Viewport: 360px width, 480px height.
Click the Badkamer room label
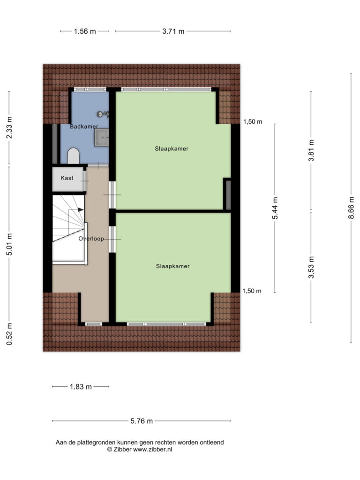click(84, 127)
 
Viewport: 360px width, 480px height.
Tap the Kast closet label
click(67, 178)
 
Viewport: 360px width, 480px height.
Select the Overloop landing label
click(91, 239)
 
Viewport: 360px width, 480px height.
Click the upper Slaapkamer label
click(172, 149)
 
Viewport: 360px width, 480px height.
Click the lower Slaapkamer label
click(172, 266)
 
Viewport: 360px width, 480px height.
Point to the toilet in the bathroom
click(74, 156)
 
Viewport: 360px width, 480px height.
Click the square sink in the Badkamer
click(102, 137)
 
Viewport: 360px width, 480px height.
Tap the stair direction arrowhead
click(81, 210)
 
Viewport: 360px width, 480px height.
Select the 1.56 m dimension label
click(85, 31)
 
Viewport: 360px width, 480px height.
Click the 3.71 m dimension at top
click(173, 31)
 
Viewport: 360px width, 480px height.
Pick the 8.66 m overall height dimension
click(351, 208)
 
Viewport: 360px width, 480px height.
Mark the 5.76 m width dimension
click(142, 421)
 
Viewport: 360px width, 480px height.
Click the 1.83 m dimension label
click(81, 387)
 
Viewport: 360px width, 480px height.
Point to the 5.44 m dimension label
click(275, 208)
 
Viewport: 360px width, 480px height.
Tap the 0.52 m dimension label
click(9, 334)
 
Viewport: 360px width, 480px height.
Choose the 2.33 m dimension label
click(9, 127)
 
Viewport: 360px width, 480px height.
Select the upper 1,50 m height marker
click(253, 122)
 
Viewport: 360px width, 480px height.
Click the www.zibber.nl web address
click(152, 450)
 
